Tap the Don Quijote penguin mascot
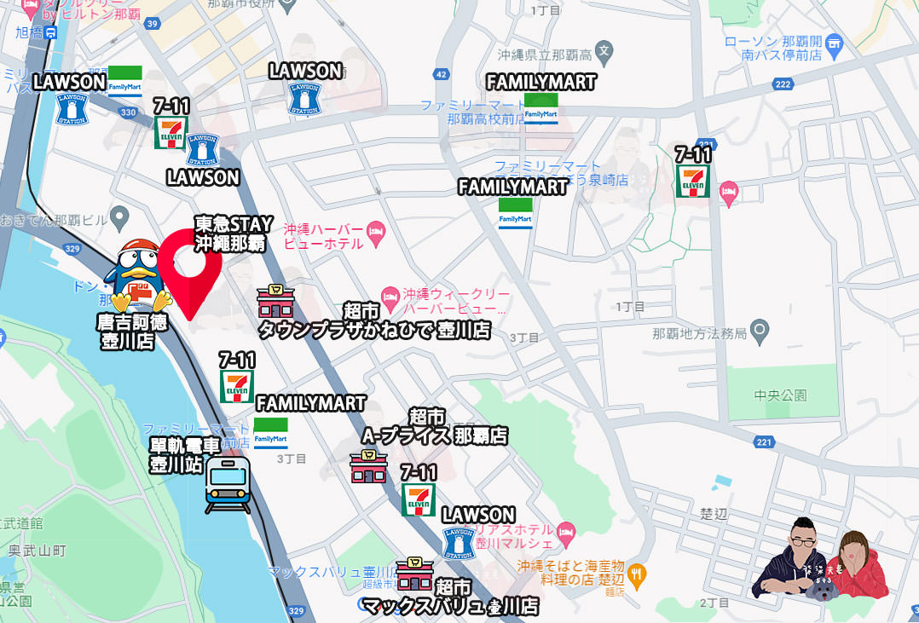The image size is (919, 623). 136,275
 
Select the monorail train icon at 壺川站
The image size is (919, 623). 228,484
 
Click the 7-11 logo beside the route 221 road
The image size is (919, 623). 693,181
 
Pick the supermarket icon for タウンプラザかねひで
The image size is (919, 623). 275,303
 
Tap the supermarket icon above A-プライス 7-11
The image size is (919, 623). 368,466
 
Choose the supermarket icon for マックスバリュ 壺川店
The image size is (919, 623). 414,574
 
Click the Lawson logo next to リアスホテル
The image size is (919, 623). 459,543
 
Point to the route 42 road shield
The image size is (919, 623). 442,74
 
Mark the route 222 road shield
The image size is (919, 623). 783,84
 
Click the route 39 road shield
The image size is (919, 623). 152,24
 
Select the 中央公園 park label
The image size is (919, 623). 780,395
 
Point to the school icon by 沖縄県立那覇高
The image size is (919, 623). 604,50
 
